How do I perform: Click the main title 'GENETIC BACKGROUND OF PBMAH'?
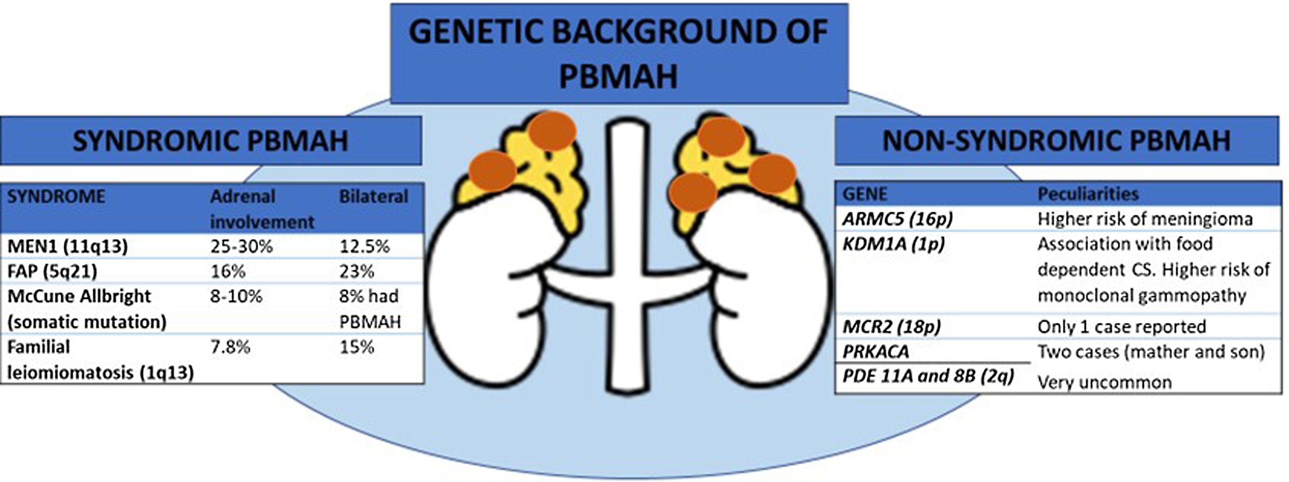[619, 53]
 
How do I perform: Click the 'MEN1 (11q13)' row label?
[68, 246]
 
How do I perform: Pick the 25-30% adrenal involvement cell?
[241, 246]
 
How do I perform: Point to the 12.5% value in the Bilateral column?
[364, 246]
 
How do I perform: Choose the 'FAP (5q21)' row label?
[52, 271]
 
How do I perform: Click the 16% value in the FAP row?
[228, 271]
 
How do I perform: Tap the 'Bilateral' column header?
[374, 196]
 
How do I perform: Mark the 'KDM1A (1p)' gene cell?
[894, 244]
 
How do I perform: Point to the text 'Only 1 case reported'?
[1121, 327]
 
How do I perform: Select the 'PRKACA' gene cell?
[875, 351]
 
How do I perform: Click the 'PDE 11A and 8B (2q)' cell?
[928, 376]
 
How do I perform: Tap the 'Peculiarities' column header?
[1088, 194]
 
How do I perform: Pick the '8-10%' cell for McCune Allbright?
[236, 296]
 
